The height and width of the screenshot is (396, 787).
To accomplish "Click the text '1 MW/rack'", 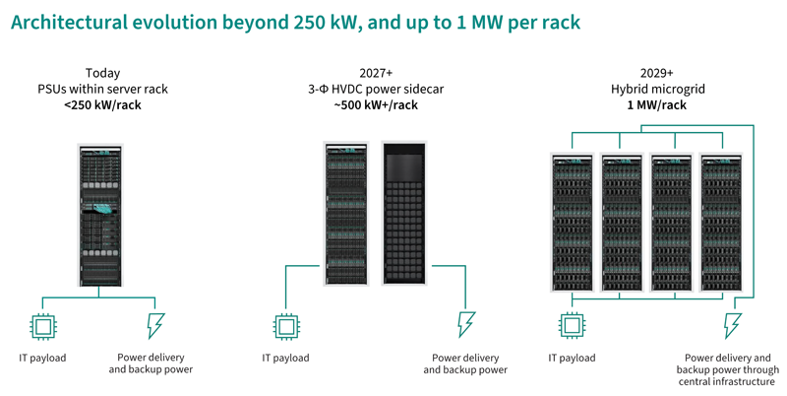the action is pyautogui.click(x=656, y=104).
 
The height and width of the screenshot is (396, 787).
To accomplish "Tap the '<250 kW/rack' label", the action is pyautogui.click(x=103, y=104).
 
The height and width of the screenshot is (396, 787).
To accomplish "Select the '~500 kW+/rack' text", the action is pyautogui.click(x=376, y=104).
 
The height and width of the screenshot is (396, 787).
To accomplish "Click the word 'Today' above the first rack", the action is pyautogui.click(x=103, y=73).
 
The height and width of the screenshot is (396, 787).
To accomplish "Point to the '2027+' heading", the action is pyautogui.click(x=376, y=73).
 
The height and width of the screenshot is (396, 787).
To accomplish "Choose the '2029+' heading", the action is pyautogui.click(x=656, y=73).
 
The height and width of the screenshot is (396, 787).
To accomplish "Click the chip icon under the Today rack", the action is pyautogui.click(x=42, y=327).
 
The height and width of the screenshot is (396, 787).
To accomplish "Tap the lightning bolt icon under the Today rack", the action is pyautogui.click(x=155, y=326).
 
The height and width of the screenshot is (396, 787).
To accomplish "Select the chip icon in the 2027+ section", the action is pyautogui.click(x=286, y=327).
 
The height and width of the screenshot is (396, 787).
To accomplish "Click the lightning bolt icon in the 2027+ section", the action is pyautogui.click(x=466, y=325).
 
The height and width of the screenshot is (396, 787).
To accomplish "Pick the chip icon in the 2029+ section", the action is pyautogui.click(x=573, y=326).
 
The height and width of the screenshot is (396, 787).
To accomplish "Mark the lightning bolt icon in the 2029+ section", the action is pyautogui.click(x=732, y=326).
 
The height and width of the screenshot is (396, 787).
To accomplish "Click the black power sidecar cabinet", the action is pyautogui.click(x=404, y=213).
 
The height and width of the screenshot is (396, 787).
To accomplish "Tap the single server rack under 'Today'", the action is pyautogui.click(x=100, y=215).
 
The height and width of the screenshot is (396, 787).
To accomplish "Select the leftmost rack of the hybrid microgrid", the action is pyautogui.click(x=573, y=223).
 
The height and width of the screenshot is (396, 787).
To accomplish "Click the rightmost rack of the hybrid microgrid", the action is pyautogui.click(x=722, y=223).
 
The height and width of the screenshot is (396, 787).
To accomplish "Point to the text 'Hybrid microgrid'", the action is pyautogui.click(x=657, y=89).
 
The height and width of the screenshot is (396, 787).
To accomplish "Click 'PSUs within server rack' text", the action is pyautogui.click(x=103, y=89).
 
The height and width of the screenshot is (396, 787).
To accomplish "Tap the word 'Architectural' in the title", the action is pyautogui.click(x=69, y=22).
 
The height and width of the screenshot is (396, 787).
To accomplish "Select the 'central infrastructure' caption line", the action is pyautogui.click(x=727, y=382).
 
